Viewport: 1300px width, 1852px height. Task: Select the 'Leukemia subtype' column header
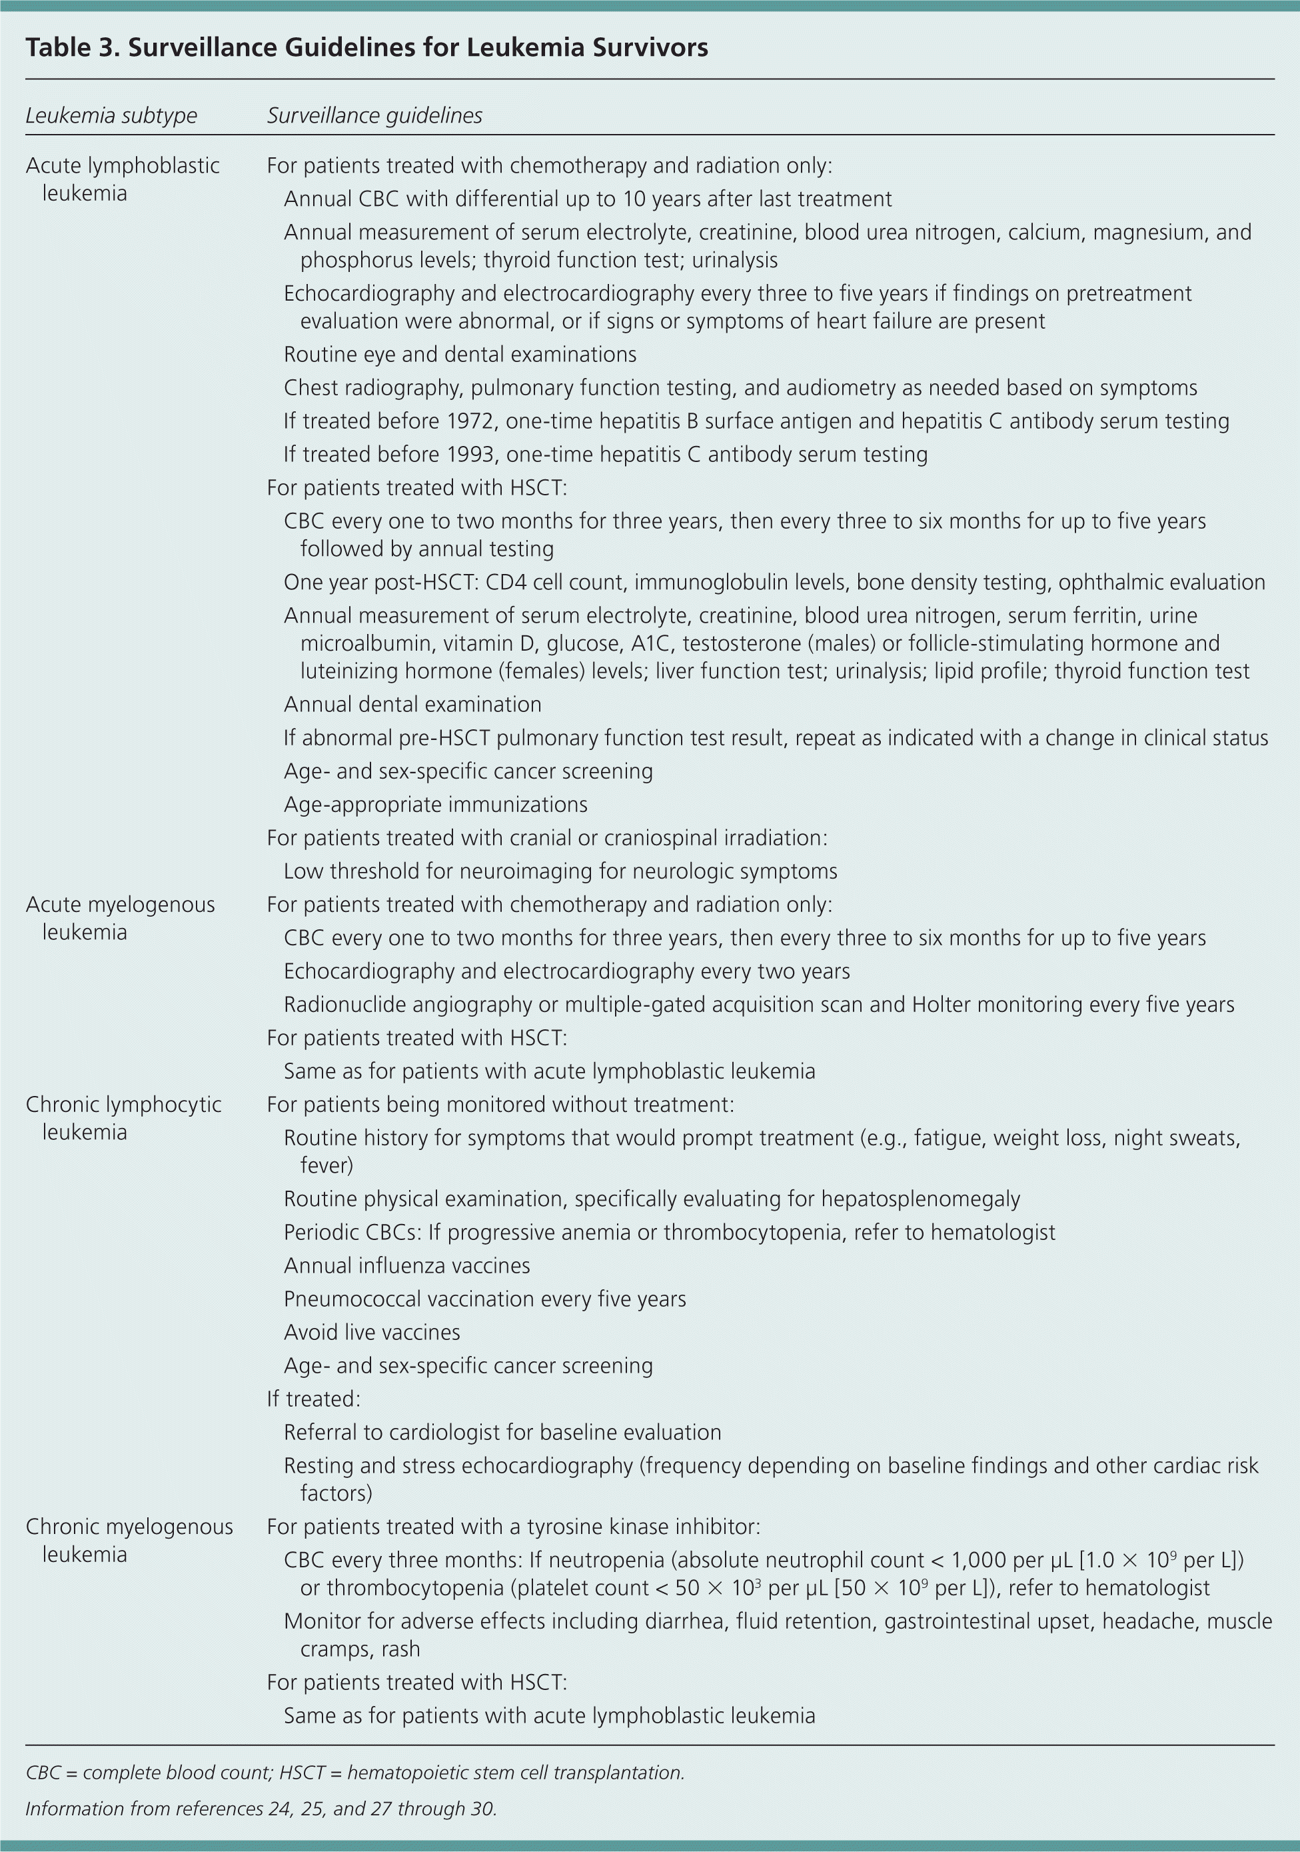click(x=111, y=115)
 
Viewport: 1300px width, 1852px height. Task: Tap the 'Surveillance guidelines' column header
click(x=374, y=115)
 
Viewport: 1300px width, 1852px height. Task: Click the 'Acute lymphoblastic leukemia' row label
click(x=122, y=179)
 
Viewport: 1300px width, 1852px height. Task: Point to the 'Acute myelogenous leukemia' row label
click(x=120, y=918)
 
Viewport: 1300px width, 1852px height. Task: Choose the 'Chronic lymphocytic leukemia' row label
click(x=123, y=1118)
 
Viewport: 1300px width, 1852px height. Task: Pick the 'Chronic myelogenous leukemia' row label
click(x=129, y=1540)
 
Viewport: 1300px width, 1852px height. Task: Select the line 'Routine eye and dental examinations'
click(x=460, y=354)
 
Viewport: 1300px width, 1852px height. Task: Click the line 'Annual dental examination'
click(x=412, y=704)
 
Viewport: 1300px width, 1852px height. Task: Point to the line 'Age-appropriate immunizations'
click(x=436, y=804)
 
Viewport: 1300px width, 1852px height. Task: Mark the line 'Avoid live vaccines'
click(x=372, y=1332)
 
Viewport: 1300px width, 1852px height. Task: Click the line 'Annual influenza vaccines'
click(x=406, y=1265)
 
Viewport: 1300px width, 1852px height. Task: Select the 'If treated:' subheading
click(x=314, y=1399)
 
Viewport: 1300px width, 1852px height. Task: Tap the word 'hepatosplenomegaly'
click(x=920, y=1199)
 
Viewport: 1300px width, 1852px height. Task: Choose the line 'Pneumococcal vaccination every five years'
click(x=484, y=1299)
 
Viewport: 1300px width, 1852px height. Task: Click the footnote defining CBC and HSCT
click(x=355, y=1773)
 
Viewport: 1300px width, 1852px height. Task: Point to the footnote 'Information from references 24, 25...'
click(x=261, y=1809)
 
